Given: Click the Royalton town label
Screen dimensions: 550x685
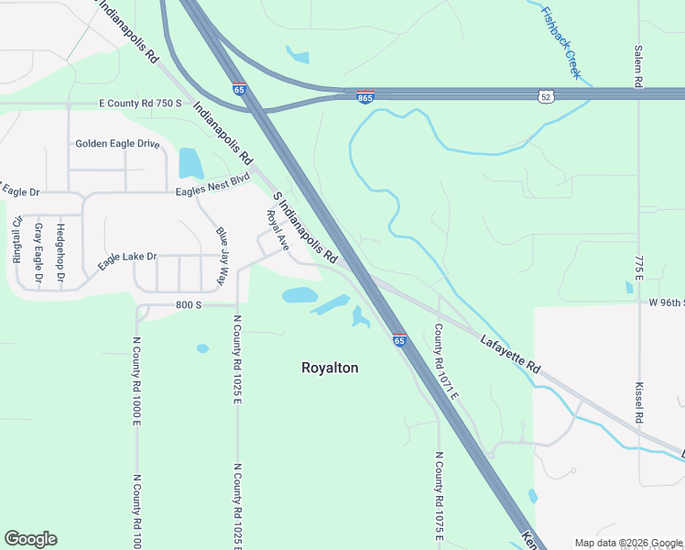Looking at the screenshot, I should click(x=330, y=368).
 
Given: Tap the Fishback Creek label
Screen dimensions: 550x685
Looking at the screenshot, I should click(x=561, y=42).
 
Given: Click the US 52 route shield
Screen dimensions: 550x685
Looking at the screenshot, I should click(x=545, y=95).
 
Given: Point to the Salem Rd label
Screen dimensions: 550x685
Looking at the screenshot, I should click(x=637, y=66).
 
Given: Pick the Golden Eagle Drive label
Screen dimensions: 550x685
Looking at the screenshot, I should click(x=117, y=144).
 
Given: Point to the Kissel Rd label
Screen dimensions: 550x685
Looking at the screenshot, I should click(x=639, y=402).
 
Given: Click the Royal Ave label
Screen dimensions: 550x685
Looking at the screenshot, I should click(x=277, y=230).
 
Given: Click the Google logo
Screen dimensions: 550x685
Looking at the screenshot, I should click(x=30, y=538).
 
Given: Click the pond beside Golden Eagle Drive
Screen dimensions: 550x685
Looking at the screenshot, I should click(x=190, y=163).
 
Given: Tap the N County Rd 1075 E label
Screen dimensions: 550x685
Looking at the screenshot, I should click(x=439, y=500).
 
